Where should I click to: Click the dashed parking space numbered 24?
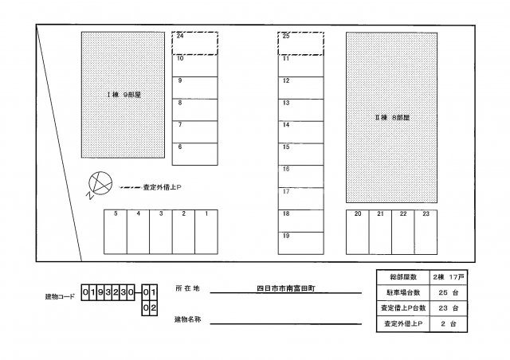(194, 43)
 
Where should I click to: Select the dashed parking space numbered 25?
(301, 43)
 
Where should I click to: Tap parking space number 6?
(194, 155)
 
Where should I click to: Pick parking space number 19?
(301, 243)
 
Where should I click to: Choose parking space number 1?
(206, 232)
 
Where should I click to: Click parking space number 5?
(116, 232)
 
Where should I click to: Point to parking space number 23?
(426, 233)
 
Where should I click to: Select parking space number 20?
(358, 233)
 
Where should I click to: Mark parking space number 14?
(301, 132)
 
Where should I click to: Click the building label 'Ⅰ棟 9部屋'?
(124, 95)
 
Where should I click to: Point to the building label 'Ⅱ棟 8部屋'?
(392, 117)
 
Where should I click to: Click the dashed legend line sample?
(131, 187)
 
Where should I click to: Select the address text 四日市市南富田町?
(286, 288)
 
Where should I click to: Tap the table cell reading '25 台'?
(448, 292)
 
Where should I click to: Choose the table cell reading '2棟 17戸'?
(448, 277)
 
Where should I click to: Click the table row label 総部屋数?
(403, 277)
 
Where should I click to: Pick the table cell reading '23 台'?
(448, 308)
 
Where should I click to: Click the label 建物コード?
(60, 296)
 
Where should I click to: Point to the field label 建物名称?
(188, 319)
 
